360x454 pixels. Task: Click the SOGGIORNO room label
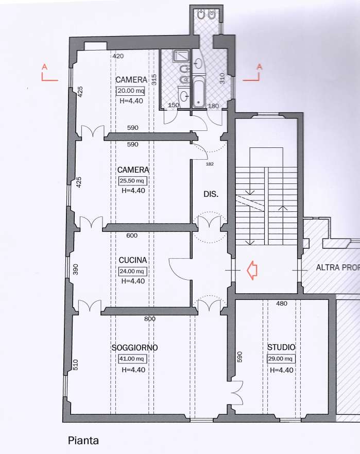pyautogui.click(x=134, y=347)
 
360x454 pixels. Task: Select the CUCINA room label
pyautogui.click(x=133, y=260)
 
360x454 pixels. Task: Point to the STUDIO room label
pyautogui.click(x=281, y=347)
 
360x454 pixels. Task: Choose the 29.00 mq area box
pyautogui.click(x=281, y=359)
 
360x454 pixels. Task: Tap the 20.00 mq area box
pyautogui.click(x=130, y=91)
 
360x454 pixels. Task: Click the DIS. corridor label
pyautogui.click(x=211, y=194)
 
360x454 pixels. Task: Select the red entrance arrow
pyautogui.click(x=252, y=270)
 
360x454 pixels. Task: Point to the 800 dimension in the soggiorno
pyautogui.click(x=150, y=319)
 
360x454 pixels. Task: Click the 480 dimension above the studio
pyautogui.click(x=282, y=304)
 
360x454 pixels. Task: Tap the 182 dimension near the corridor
pyautogui.click(x=210, y=164)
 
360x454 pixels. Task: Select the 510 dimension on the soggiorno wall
pyautogui.click(x=75, y=365)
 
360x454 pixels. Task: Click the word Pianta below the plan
pyautogui.click(x=83, y=441)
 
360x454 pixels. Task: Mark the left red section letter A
pyautogui.click(x=44, y=66)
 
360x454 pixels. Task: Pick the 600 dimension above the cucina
pyautogui.click(x=132, y=236)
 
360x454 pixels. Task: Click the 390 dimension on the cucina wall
pyautogui.click(x=75, y=270)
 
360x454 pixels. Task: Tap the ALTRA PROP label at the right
pyautogui.click(x=338, y=267)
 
